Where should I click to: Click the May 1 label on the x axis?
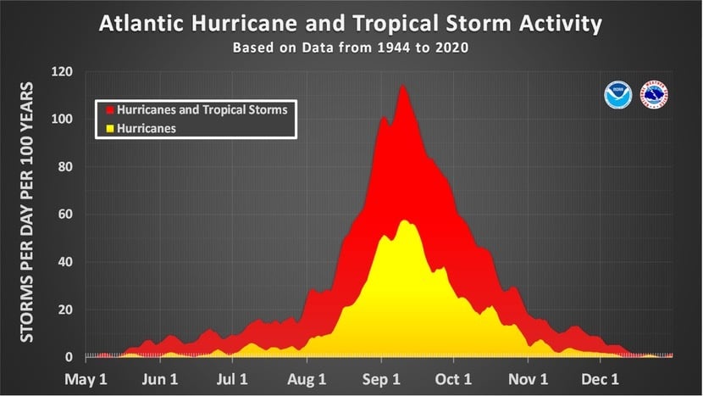coord(88,378)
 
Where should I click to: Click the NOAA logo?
coord(617,95)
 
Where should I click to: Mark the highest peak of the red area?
coord(401,85)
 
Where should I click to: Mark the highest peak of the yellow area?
coord(404,220)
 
